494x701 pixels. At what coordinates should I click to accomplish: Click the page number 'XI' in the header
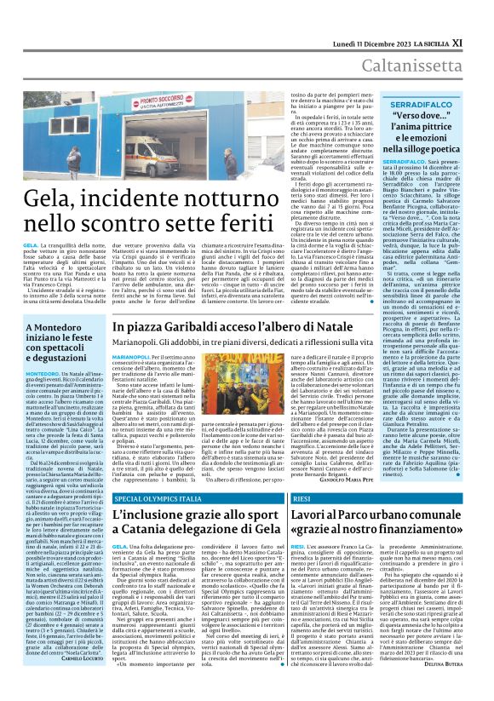click(481, 16)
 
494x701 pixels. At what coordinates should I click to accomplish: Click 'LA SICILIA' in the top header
click(447, 16)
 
